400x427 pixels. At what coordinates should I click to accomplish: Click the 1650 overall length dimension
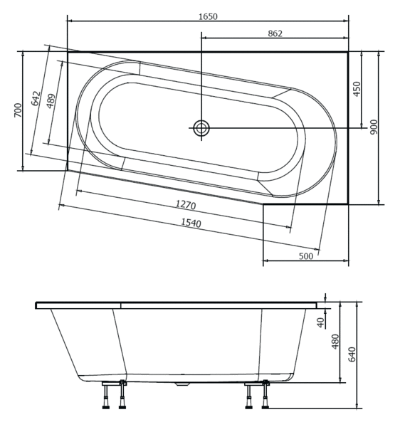pos(208,16)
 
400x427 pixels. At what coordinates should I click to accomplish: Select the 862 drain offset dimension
pos(275,33)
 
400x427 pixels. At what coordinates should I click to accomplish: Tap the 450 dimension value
pos(357,89)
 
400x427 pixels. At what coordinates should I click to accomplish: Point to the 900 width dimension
pos(374,127)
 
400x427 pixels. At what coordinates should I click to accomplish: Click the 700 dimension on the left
pos(18,110)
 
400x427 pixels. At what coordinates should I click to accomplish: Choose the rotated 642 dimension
pos(36,98)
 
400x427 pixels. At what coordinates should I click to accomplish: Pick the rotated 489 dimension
pos(51,101)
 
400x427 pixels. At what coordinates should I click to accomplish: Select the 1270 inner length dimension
pos(186,204)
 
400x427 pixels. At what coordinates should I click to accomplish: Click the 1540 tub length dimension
pos(191,223)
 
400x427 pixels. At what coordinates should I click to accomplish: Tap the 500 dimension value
pos(306,256)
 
